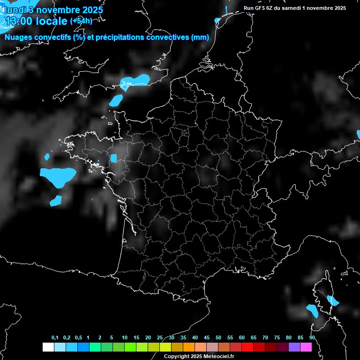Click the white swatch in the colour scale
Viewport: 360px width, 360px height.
pyautogui.click(x=48, y=347)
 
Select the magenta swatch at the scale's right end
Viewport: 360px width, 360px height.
pyautogui.click(x=306, y=347)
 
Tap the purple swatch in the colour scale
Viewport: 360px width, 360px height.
pyautogui.click(x=294, y=347)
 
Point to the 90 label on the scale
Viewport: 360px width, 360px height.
pyautogui.click(x=312, y=337)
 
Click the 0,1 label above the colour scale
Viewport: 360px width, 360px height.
pyautogui.click(x=55, y=337)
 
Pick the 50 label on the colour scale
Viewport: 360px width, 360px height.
pyautogui.click(x=218, y=337)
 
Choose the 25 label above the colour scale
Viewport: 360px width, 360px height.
pyautogui.click(x=160, y=337)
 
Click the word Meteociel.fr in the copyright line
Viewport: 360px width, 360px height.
pyautogui.click(x=216, y=357)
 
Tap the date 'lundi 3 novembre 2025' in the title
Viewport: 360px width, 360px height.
pyautogui.click(x=53, y=9)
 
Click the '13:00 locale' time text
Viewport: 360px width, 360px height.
pyautogui.click(x=36, y=21)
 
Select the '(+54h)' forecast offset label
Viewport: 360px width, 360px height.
pyautogui.click(x=81, y=21)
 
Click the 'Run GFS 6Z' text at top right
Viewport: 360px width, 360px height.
pyautogui.click(x=261, y=8)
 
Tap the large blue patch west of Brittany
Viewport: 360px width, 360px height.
pyautogui.click(x=58, y=175)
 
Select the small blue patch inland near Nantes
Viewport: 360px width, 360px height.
pyautogui.click(x=113, y=158)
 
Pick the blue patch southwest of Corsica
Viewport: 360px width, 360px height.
pyautogui.click(x=312, y=310)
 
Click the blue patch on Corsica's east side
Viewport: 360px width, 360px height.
pyautogui.click(x=333, y=300)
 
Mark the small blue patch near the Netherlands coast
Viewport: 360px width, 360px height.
pyautogui.click(x=217, y=20)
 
